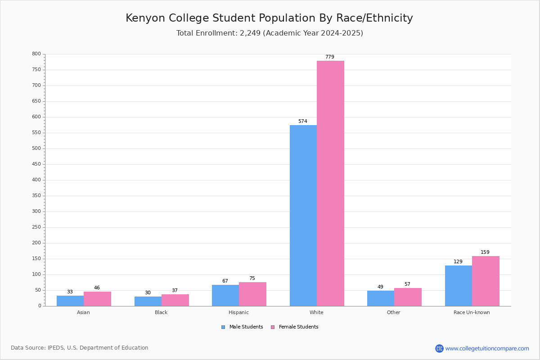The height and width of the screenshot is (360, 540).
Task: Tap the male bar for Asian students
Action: coord(70,301)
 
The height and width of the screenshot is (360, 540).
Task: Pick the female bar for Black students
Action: coord(175,300)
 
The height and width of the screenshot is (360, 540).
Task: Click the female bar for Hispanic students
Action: coord(252,294)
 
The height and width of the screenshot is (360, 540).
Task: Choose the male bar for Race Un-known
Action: coord(458,286)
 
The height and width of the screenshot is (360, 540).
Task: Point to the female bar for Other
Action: coord(408,297)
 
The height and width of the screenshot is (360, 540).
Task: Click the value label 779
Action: coord(330,57)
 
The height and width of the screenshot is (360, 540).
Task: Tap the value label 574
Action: coord(303,121)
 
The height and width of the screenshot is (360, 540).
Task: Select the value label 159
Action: coord(485,252)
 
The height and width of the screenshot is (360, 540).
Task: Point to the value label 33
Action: coord(70,292)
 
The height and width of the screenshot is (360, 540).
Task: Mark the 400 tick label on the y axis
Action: coord(36,180)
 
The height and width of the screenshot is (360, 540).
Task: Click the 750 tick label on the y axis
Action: coord(36,70)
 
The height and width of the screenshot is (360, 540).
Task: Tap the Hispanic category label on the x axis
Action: coord(238,312)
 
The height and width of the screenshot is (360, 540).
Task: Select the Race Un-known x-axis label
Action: coord(472,312)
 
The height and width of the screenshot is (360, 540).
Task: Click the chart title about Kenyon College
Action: coord(269,18)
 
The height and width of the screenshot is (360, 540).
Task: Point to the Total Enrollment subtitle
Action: coord(270,33)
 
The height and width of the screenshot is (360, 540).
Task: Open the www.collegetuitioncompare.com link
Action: coord(487,348)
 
